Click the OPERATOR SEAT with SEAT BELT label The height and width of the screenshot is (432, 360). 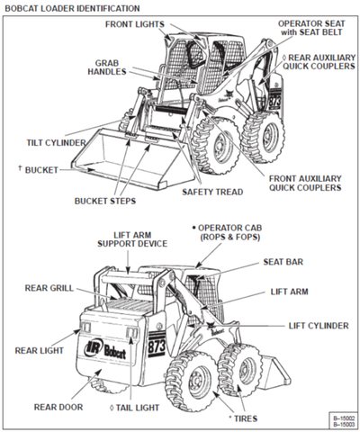click(310, 28)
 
